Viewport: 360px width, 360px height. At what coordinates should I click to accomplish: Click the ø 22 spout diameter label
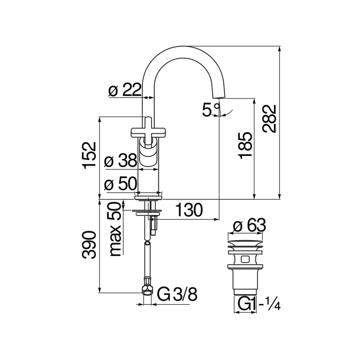coord(124,90)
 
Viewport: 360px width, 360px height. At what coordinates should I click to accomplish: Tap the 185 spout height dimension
coord(245,145)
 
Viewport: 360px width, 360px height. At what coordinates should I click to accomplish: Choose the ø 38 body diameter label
coord(120,161)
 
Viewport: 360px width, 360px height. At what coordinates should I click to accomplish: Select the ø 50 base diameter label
coord(120,184)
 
